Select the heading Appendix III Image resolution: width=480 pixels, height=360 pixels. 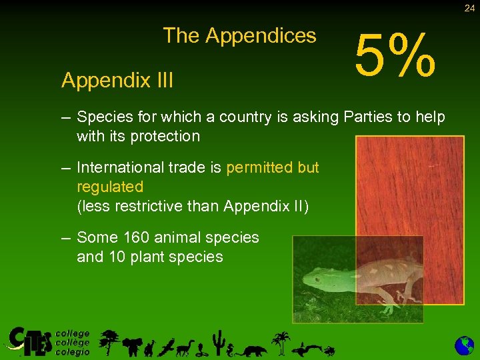point(117,81)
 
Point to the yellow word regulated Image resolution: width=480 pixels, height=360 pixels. point(110,186)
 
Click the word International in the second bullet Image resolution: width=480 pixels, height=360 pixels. point(128,167)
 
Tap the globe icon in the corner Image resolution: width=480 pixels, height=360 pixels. point(464,345)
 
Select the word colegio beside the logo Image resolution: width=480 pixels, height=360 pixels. point(72,351)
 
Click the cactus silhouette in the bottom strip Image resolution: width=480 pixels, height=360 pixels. point(217,341)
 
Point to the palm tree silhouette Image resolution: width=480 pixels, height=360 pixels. point(283,341)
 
